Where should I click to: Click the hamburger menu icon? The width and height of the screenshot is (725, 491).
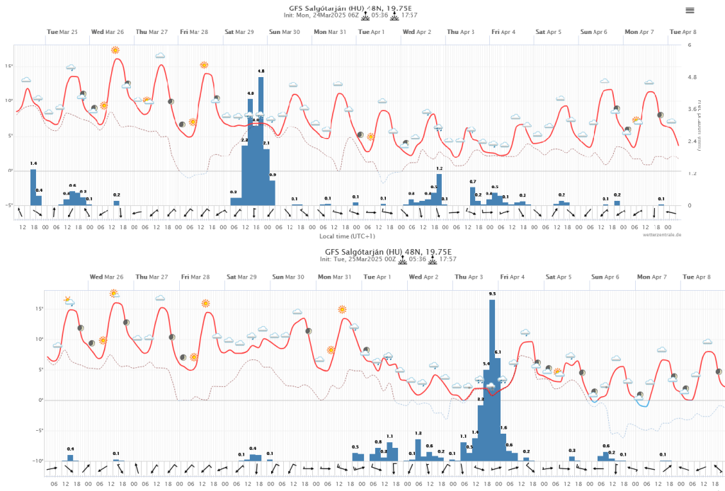690,10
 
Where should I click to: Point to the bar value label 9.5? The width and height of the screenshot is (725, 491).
492,294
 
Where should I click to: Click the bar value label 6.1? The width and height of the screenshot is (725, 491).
498,352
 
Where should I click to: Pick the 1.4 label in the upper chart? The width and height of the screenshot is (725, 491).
33,163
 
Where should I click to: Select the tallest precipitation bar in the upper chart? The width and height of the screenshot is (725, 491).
261,141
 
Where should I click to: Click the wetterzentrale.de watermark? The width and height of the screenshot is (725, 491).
662,234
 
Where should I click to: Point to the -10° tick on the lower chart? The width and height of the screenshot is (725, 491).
38,461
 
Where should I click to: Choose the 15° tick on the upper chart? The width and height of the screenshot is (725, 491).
10,66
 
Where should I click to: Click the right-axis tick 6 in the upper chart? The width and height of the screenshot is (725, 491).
689,45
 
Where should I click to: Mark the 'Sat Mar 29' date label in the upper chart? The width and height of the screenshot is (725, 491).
239,32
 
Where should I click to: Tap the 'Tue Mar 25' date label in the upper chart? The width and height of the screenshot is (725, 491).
62,32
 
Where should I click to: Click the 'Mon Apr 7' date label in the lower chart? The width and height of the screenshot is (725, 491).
649,278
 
